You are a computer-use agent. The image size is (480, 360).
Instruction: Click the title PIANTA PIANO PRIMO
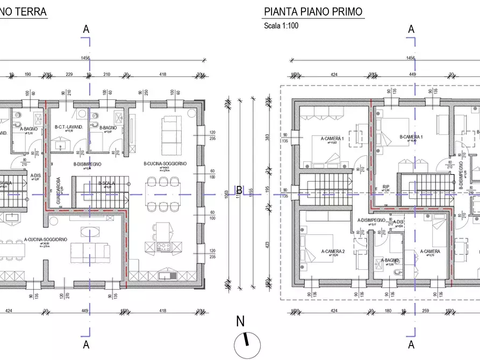coord(312,12)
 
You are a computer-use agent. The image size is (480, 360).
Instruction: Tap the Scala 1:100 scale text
coord(281,26)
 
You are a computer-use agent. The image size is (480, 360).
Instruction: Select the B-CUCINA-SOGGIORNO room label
coord(164,164)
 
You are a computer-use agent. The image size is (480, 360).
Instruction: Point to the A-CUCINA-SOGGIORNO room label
coord(46,240)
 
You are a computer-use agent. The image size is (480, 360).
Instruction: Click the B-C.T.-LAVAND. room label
coord(69,127)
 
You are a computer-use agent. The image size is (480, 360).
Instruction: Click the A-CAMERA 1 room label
coord(332,138)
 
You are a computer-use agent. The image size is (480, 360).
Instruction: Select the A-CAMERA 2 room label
coord(333,251)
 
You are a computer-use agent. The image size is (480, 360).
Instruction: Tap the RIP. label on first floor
coord(386,188)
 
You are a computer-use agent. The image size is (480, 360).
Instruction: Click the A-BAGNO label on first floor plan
coord(390,261)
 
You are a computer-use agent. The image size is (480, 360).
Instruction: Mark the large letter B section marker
coord(239,190)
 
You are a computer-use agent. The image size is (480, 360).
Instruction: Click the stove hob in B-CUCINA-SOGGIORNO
coord(163,247)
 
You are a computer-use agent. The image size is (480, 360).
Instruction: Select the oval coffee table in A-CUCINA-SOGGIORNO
coord(89,232)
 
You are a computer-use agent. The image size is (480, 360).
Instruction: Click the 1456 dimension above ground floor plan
coord(85,58)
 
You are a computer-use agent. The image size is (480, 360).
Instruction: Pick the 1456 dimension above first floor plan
coord(411,58)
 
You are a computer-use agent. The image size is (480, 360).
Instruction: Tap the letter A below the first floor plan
coord(411,344)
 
